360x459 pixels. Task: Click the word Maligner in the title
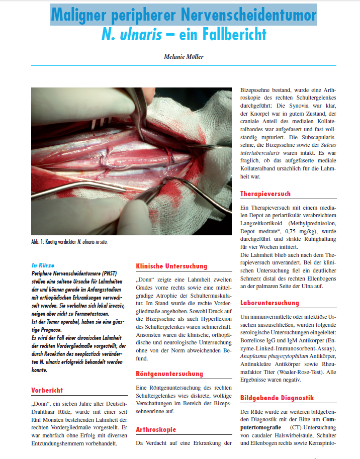[83, 15]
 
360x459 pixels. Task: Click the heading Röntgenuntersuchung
[169, 374]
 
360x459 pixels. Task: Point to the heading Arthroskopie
[156, 430]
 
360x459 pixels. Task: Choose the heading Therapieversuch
[265, 194]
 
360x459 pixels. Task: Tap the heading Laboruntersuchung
[269, 303]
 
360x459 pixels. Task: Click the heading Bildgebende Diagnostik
[277, 398]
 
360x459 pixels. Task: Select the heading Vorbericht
[47, 390]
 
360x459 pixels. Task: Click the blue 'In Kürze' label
[43, 265]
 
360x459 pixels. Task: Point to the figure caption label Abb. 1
[39, 241]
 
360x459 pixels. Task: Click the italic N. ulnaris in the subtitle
[132, 35]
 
